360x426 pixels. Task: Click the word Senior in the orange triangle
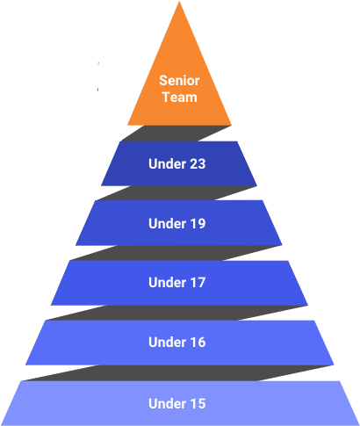click(x=179, y=81)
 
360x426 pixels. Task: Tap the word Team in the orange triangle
click(x=180, y=97)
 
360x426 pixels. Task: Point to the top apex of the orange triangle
click(x=179, y=1)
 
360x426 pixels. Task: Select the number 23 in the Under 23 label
click(x=196, y=163)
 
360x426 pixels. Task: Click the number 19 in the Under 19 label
click(x=196, y=223)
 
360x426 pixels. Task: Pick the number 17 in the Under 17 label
click(x=196, y=283)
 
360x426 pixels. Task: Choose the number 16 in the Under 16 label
click(x=196, y=343)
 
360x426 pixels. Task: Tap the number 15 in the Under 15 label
click(x=196, y=403)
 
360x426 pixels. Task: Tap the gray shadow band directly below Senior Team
click(x=176, y=134)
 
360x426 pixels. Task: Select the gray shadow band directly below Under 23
click(x=176, y=193)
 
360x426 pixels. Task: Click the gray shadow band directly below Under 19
click(x=176, y=253)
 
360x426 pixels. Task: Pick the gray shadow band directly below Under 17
click(x=176, y=313)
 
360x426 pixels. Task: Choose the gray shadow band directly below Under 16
click(x=177, y=373)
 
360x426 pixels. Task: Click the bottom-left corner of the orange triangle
click(x=127, y=125)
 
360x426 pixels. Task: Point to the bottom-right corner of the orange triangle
click(x=231, y=125)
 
